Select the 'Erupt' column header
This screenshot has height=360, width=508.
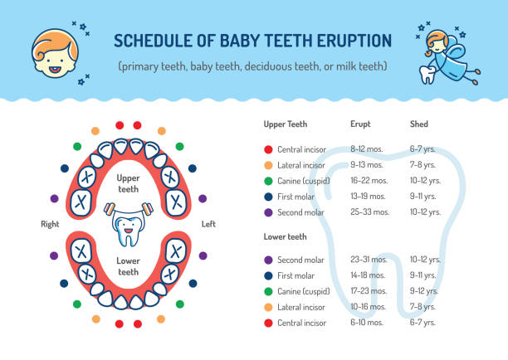[x=361, y=124]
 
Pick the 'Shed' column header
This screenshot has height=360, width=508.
[x=419, y=124]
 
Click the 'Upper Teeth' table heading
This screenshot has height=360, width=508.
[x=286, y=124]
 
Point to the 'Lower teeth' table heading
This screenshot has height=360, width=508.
[x=286, y=236]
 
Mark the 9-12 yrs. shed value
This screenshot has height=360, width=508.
[x=425, y=290]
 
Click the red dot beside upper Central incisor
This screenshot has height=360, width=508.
[x=268, y=149]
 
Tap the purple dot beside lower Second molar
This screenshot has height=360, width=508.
[x=268, y=260]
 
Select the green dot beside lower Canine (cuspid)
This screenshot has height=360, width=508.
[x=268, y=290]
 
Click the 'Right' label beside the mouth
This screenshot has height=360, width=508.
[x=50, y=224]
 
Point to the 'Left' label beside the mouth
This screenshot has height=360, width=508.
[x=208, y=224]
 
